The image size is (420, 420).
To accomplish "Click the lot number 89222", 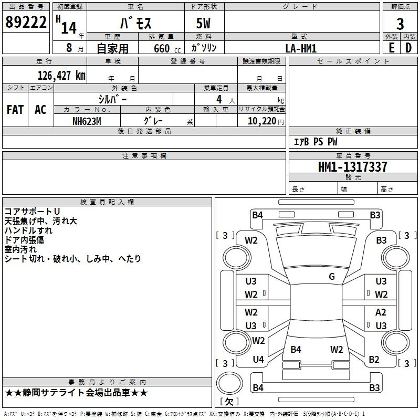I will [26, 23].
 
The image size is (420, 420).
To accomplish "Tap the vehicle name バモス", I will [134, 24].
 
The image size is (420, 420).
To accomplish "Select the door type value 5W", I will [204, 24].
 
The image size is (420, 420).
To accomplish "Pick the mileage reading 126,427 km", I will [61, 75].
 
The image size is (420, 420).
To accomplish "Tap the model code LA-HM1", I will [301, 48].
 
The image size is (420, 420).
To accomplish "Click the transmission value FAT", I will [15, 109].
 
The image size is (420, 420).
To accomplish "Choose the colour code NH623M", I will [87, 120].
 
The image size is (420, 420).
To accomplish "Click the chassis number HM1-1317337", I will [353, 167].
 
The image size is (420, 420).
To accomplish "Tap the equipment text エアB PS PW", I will [316, 142].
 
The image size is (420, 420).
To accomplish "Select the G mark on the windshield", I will [332, 277].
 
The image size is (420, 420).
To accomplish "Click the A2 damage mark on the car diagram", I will [381, 312].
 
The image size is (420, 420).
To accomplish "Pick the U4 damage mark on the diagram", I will [258, 360].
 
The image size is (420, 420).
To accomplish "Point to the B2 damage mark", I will [374, 360].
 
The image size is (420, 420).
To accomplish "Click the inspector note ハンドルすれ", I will [28, 230].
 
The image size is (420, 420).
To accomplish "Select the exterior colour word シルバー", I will [112, 99].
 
